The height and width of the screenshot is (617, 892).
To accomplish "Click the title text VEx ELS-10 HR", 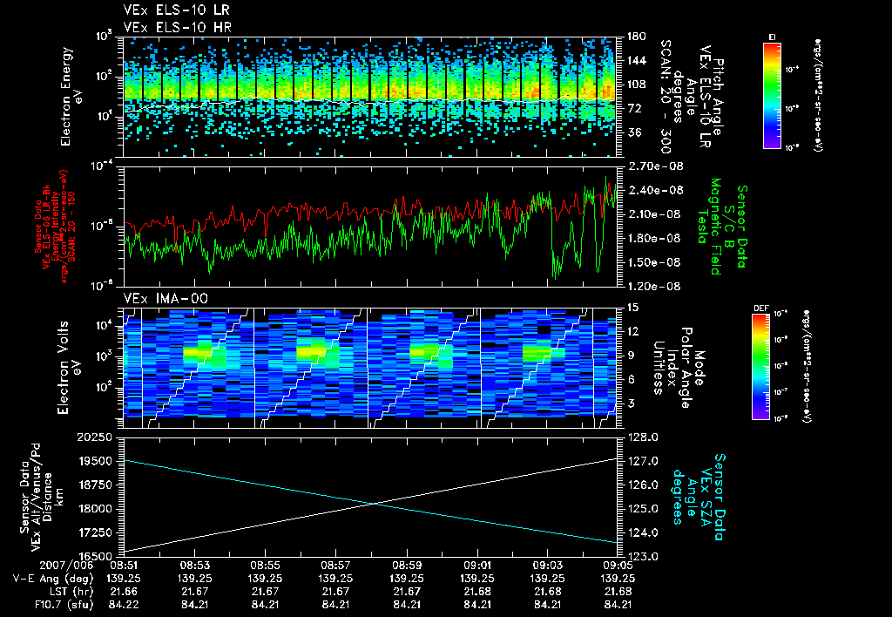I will click(x=171, y=28).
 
